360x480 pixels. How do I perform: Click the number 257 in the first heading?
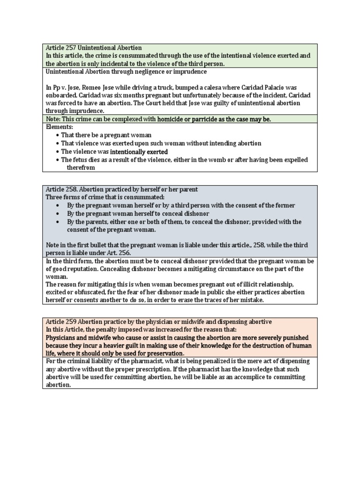coord(69,48)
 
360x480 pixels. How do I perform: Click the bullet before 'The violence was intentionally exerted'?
coord(57,152)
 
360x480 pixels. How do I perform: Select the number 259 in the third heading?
coord(69,322)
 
